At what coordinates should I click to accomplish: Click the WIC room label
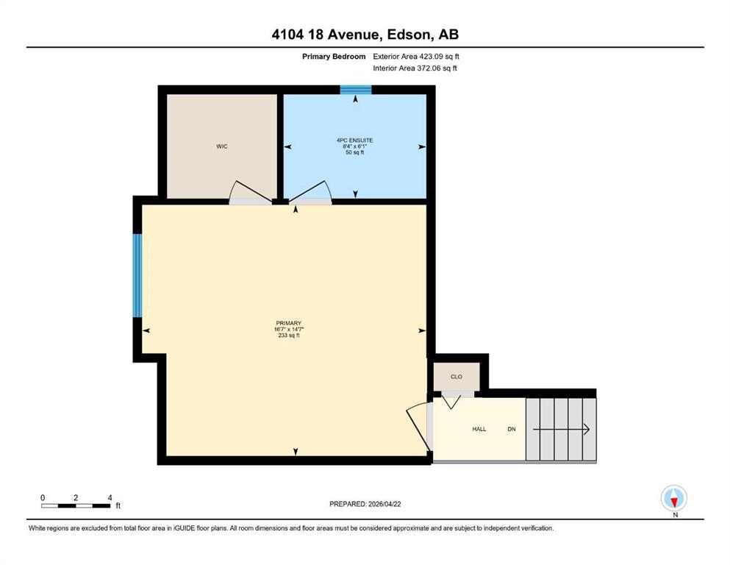[x=221, y=146]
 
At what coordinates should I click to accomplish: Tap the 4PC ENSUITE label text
[x=355, y=141]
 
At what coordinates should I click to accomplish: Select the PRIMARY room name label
[x=289, y=323]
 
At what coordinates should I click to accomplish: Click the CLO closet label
[x=457, y=377]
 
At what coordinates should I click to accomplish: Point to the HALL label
[x=479, y=429]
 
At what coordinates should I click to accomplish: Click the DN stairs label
[x=512, y=429]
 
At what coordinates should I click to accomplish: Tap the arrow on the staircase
[x=562, y=430]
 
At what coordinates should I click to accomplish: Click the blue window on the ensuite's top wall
[x=356, y=90]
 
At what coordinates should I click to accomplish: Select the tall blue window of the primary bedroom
[x=137, y=275]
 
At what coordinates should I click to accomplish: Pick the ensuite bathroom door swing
[x=310, y=192]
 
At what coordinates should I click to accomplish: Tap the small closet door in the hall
[x=451, y=401]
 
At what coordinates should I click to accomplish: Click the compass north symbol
[x=674, y=499]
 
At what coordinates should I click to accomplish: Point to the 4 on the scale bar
[x=110, y=498]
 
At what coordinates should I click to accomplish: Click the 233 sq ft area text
[x=289, y=335]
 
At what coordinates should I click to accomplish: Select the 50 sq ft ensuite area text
[x=355, y=152]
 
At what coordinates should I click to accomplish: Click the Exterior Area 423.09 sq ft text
[x=416, y=57]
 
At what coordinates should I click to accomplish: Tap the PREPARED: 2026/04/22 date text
[x=365, y=504]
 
